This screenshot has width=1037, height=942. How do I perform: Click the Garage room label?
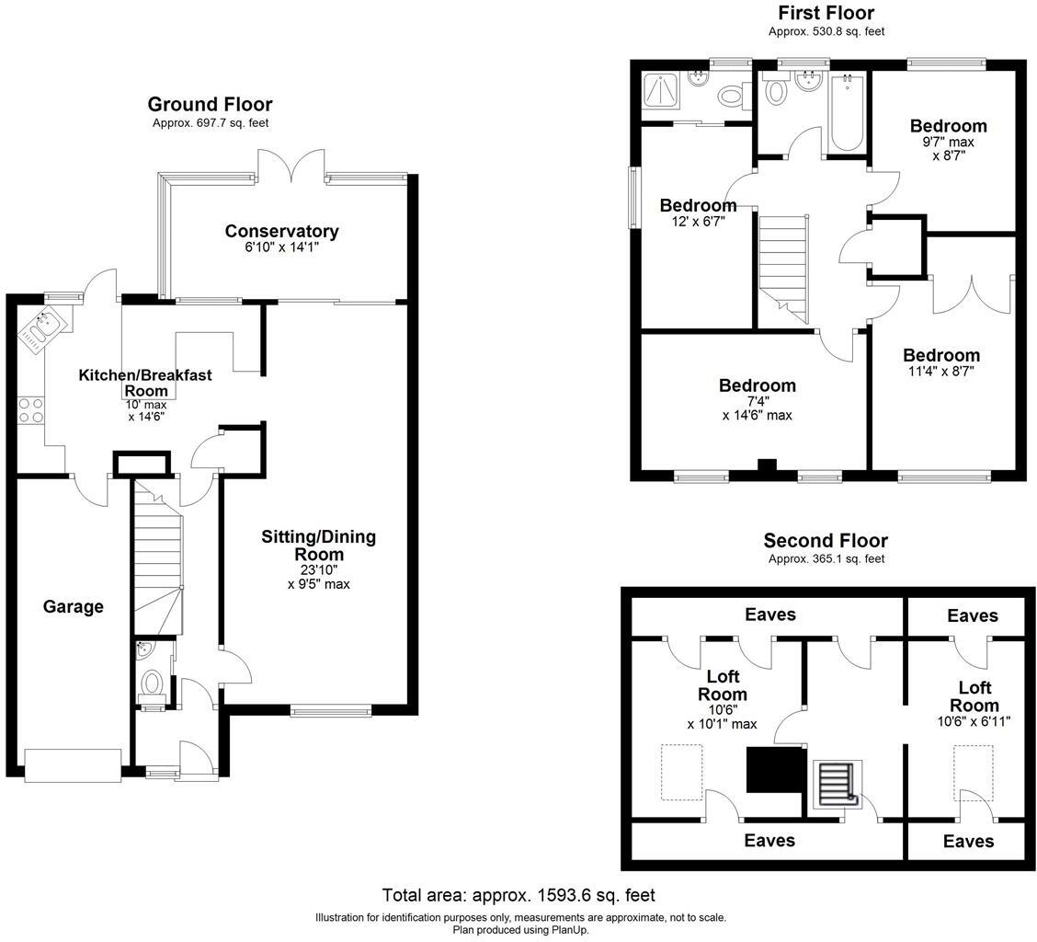point(74,606)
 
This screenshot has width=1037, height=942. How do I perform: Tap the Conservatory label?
point(281,231)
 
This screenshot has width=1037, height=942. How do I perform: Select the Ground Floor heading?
point(210,104)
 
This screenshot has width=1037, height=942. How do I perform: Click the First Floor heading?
point(826,13)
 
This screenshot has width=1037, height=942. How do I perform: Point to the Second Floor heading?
point(826,540)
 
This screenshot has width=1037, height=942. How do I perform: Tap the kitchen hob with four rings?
point(30,409)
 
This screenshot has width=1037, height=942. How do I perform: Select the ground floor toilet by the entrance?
point(152,685)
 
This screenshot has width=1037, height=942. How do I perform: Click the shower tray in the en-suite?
point(663,92)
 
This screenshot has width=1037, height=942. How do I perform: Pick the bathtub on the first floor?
point(845,114)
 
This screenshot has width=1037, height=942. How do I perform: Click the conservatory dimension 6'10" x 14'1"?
point(281,247)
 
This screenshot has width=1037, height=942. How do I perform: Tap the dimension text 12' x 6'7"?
point(698,221)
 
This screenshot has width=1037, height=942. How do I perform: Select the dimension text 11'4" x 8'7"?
point(940,372)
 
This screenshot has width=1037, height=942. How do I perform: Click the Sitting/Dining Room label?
point(318,545)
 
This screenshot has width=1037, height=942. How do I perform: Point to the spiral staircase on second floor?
point(838,783)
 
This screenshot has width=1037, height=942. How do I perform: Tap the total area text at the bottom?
point(518,895)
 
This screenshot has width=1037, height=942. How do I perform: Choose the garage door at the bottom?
point(74,765)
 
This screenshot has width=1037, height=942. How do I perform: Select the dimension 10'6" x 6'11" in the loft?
point(974,722)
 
